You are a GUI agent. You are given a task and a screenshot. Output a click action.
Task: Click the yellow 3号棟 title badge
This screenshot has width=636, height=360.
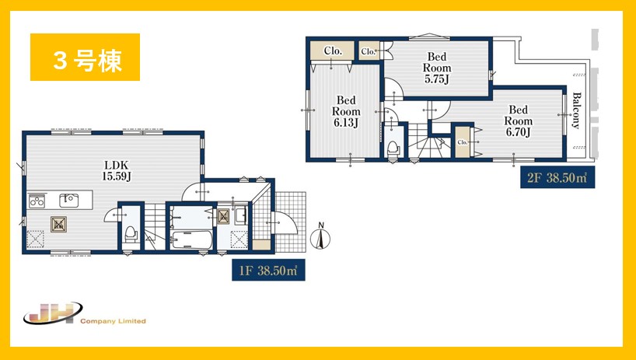click(x=86, y=58)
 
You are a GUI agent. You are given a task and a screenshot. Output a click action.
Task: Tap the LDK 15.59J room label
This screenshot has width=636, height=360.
click(x=117, y=171)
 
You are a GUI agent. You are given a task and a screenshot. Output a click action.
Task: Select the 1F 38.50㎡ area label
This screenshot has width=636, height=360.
click(x=268, y=271)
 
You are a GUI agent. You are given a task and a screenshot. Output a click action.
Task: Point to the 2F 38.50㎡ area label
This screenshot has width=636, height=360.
click(x=557, y=177)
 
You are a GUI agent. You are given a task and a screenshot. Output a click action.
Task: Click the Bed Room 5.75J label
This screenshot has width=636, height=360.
click(x=437, y=68)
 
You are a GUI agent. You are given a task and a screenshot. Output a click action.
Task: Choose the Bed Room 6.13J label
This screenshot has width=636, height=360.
click(x=346, y=111)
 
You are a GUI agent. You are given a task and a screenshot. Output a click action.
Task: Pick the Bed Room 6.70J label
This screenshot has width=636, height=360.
click(x=519, y=121)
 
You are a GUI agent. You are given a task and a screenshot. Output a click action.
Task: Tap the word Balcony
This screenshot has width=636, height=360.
click(x=576, y=110)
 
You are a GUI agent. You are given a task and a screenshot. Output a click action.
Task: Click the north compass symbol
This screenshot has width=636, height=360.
click(x=320, y=236)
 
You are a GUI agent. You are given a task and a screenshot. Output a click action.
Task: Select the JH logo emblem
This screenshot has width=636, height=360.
click(x=53, y=313)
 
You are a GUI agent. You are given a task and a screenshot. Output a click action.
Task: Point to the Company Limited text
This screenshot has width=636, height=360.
click(x=113, y=321)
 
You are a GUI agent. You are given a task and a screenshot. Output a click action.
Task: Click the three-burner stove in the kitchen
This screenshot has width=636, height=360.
click(x=37, y=201)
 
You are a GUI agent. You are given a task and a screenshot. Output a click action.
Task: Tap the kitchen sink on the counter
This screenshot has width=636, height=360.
click(x=69, y=201)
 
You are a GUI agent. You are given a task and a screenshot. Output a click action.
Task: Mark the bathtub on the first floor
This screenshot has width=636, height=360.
click(x=191, y=240)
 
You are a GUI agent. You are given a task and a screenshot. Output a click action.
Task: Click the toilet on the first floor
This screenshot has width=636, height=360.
click(x=131, y=234)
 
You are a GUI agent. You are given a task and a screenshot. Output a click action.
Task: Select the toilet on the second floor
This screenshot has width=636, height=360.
click(x=393, y=148)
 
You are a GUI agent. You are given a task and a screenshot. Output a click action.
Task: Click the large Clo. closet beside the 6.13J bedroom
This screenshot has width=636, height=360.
click(x=333, y=51)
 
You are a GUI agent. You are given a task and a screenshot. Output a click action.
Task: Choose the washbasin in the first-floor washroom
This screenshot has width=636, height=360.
click(x=240, y=215)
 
